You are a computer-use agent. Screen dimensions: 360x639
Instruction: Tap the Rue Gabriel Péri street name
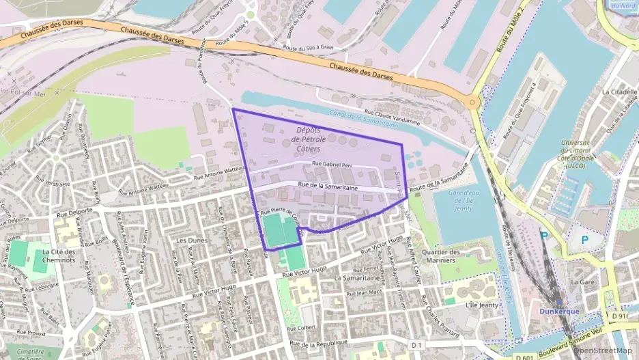click(x=335, y=164)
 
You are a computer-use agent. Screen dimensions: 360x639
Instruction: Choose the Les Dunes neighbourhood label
click(x=191, y=241)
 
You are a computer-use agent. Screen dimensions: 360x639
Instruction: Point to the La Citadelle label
click(x=619, y=92)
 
